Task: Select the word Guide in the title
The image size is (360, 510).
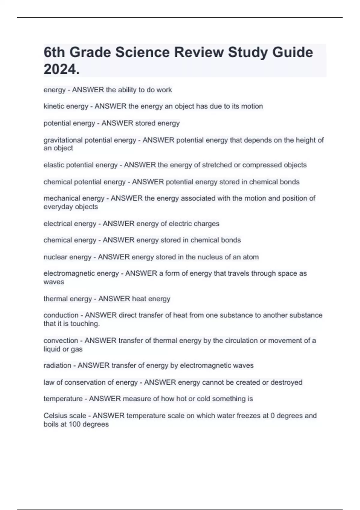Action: (292, 52)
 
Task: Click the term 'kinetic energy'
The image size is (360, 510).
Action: (66, 106)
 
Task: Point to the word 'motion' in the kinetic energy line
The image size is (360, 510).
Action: (252, 106)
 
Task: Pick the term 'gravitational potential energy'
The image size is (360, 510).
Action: (90, 140)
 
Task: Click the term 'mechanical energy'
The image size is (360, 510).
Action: (74, 198)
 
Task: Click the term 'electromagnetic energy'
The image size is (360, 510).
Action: (81, 274)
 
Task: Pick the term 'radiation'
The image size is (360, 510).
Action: (57, 365)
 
